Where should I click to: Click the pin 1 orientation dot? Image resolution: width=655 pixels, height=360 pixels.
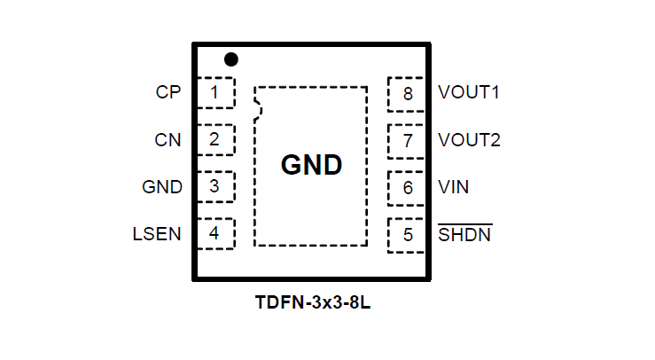[231, 59]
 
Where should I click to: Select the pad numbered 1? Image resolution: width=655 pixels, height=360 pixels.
[214, 92]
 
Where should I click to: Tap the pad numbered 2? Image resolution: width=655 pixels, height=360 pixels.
[214, 139]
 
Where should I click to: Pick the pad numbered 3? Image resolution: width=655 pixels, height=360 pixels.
[214, 187]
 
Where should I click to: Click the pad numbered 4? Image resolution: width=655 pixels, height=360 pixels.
[214, 235]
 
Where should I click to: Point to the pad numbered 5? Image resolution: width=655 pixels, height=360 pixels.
[408, 235]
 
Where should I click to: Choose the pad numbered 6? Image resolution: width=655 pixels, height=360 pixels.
[408, 187]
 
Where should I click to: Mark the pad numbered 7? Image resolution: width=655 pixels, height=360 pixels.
[408, 140]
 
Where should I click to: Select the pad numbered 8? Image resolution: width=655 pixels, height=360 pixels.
[408, 93]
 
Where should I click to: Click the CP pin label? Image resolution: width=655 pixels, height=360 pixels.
[168, 92]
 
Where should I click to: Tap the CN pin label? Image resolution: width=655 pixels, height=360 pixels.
[168, 139]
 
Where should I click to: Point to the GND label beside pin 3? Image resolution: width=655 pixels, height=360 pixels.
[162, 187]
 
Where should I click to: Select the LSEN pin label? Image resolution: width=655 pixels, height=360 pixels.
[157, 235]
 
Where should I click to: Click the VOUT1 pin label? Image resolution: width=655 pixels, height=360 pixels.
[469, 92]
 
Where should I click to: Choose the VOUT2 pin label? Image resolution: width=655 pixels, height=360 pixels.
[469, 140]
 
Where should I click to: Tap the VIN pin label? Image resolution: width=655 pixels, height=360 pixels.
[454, 187]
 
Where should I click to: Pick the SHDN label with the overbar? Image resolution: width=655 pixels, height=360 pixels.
[465, 235]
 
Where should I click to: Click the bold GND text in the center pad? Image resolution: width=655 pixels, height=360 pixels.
[311, 166]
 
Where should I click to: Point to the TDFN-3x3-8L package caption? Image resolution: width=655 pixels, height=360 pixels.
[312, 303]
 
